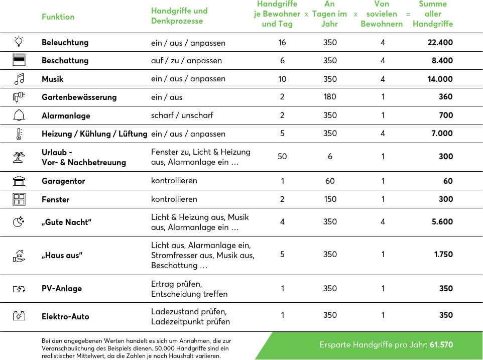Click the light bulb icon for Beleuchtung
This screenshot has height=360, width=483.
click(x=19, y=42)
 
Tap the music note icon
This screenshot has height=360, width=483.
click(x=19, y=79)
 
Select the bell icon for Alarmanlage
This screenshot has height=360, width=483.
click(x=19, y=115)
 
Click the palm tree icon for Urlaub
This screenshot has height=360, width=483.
click(x=19, y=157)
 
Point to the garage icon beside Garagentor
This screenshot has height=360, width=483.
click(x=19, y=181)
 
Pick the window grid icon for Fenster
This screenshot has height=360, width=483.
click(x=19, y=199)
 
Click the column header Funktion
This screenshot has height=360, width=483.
click(x=58, y=17)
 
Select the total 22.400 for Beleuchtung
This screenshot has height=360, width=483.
click(x=440, y=43)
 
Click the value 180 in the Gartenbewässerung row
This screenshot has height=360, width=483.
click(x=330, y=97)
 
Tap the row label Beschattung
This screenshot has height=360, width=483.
click(x=65, y=61)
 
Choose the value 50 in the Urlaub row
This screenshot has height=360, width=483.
click(x=282, y=157)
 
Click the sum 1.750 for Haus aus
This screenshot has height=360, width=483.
click(x=443, y=255)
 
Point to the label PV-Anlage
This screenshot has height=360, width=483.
click(x=62, y=289)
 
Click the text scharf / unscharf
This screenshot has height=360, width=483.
click(x=182, y=115)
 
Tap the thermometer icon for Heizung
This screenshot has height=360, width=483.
click(x=19, y=134)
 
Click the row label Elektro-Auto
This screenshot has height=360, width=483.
click(x=65, y=317)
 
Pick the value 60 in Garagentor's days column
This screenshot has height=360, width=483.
click(x=330, y=181)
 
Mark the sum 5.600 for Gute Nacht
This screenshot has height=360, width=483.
click(x=442, y=222)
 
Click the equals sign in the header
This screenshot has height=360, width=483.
click(x=408, y=14)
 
